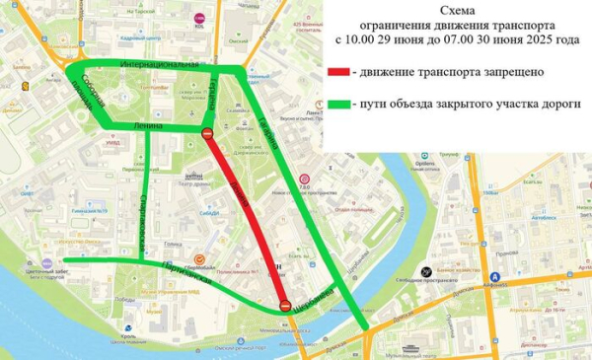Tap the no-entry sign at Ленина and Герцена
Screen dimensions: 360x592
point(207,133)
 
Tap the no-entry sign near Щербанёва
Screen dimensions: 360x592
point(284,305)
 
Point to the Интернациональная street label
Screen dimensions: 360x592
point(160,64)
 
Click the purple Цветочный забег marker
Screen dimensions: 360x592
point(46,264)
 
